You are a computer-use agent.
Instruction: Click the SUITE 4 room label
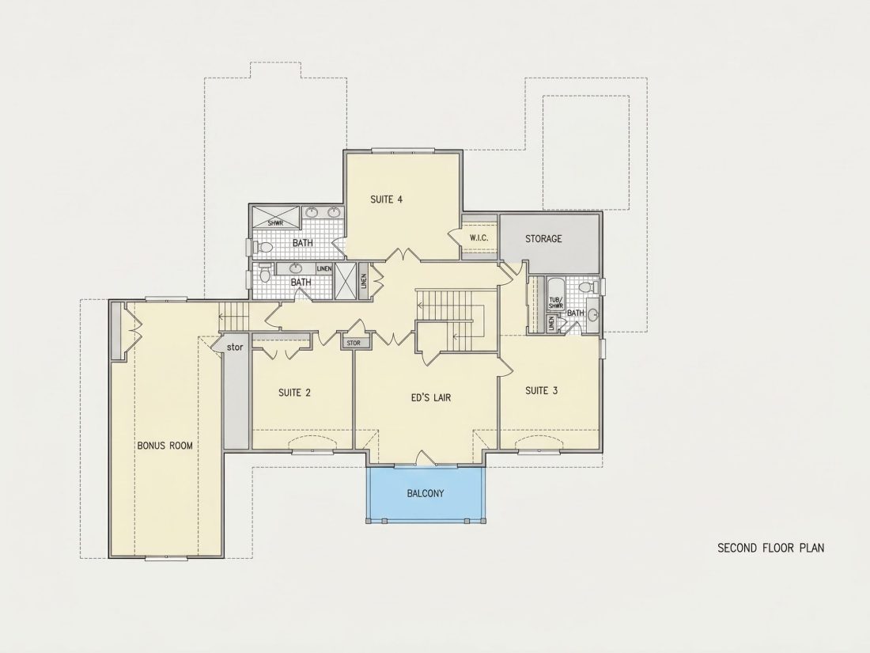click(x=386, y=199)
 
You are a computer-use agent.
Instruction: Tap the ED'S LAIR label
click(x=430, y=397)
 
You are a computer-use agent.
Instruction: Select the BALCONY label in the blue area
click(x=425, y=493)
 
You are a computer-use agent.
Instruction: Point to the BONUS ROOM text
click(x=165, y=446)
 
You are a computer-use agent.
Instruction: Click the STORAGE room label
click(x=543, y=239)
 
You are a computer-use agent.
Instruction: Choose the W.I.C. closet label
click(x=478, y=238)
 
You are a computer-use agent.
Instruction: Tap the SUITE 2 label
click(x=294, y=393)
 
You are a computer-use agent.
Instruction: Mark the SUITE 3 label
click(x=542, y=391)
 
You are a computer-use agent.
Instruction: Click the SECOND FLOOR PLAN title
click(x=770, y=548)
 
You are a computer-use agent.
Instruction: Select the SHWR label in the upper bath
click(x=275, y=223)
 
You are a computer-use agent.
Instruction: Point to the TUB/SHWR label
click(x=556, y=303)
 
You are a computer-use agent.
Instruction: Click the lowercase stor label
click(x=235, y=347)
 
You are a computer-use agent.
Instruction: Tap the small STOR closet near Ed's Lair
click(x=354, y=344)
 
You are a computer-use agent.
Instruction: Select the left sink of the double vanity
click(x=312, y=212)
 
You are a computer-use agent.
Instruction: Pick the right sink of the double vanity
click(x=334, y=212)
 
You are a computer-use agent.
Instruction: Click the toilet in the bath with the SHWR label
click(x=263, y=246)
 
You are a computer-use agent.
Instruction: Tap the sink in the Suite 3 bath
click(x=593, y=316)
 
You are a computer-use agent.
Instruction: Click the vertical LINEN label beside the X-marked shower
click(x=364, y=282)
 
